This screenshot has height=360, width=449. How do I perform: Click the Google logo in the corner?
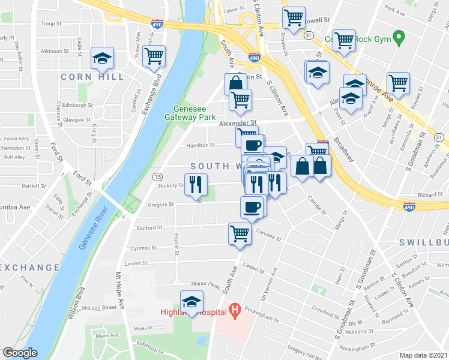(x=20, y=353)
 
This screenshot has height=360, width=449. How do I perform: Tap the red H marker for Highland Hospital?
(x=235, y=310)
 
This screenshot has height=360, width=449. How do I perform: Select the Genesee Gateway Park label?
(x=194, y=113)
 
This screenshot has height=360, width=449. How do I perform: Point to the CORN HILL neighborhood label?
(x=92, y=77)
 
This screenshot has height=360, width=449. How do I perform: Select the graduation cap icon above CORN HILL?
(x=103, y=58)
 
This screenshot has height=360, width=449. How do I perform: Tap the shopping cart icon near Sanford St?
(x=240, y=233)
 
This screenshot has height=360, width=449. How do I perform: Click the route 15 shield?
(x=157, y=176)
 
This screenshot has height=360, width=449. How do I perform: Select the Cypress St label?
(x=143, y=248)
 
